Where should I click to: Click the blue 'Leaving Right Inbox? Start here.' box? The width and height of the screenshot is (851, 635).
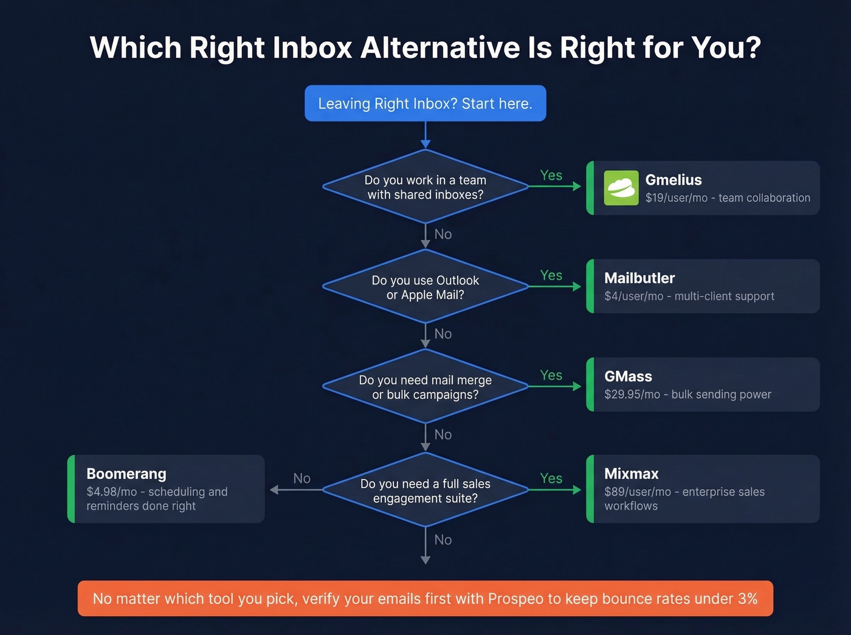click(x=425, y=103)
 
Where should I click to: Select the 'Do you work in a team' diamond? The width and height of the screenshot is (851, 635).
click(x=425, y=187)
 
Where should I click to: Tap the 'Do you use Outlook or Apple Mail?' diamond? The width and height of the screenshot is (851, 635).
click(x=425, y=287)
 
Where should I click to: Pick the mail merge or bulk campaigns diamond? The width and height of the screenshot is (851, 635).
click(x=425, y=387)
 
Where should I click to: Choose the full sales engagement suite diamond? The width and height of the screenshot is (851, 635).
click(x=425, y=491)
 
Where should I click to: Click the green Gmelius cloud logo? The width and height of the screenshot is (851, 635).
click(x=621, y=188)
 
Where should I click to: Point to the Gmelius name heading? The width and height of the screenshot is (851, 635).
click(x=673, y=180)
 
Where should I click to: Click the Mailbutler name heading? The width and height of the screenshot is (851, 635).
click(x=639, y=278)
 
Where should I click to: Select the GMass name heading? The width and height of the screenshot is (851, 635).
click(x=628, y=377)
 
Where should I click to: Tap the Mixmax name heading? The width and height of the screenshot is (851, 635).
click(x=631, y=474)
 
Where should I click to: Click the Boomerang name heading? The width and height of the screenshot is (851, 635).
click(x=126, y=474)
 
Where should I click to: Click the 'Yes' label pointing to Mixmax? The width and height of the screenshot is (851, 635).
click(x=551, y=479)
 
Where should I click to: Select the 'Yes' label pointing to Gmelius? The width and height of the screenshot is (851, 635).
click(x=551, y=176)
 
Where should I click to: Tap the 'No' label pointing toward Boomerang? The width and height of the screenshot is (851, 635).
click(x=301, y=479)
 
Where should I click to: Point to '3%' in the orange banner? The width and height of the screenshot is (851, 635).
click(x=747, y=599)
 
